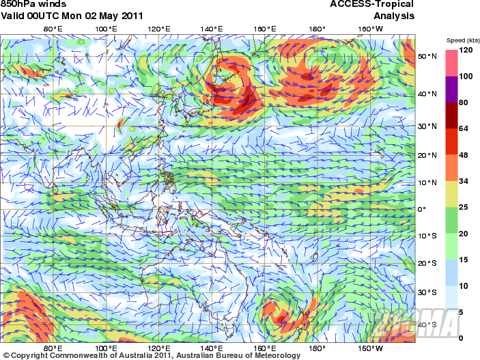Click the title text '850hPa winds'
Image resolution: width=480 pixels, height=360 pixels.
33,4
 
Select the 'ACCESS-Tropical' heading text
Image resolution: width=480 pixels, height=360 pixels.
372,4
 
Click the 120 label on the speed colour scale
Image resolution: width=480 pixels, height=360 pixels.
466,51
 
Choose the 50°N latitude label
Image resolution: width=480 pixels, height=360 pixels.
427,57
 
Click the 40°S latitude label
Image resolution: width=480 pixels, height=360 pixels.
427,324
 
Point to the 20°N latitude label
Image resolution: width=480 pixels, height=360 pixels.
427,156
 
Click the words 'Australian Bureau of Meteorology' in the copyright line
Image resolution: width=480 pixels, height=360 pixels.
238,355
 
